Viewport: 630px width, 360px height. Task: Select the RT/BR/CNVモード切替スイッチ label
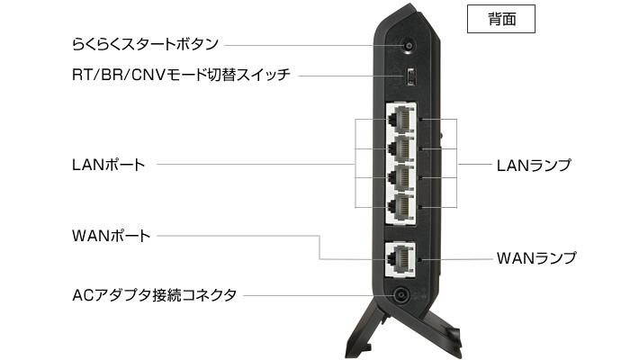[x=181, y=76]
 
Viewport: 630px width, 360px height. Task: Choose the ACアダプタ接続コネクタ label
[x=154, y=294]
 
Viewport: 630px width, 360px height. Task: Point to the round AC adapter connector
[x=397, y=295]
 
